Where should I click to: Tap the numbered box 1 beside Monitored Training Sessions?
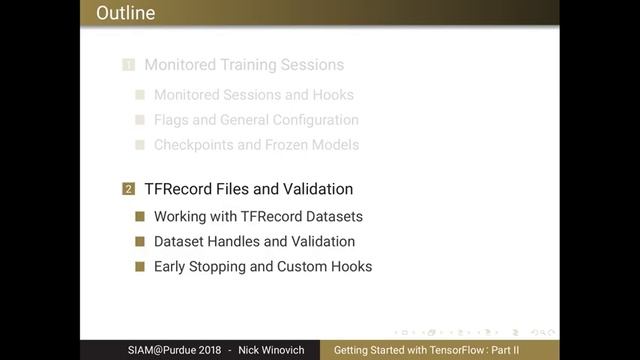pos(128,65)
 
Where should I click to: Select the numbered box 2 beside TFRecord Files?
pos(128,189)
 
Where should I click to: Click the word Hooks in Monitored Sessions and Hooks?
pos(333,95)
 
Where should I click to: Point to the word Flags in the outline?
pos(172,120)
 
